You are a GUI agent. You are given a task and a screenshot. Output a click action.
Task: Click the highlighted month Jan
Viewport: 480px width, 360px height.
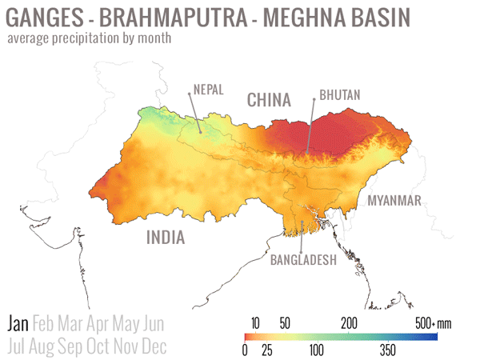[18, 324]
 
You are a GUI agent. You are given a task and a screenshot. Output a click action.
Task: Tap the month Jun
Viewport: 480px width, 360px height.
[153, 324]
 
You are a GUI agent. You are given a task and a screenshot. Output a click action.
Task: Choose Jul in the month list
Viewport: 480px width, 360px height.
[17, 346]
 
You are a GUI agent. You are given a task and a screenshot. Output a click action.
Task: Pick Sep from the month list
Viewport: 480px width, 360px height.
[78, 346]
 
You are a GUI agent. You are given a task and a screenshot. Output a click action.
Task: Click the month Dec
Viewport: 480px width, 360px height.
[154, 346]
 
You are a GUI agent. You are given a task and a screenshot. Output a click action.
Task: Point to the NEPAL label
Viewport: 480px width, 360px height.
[205, 89]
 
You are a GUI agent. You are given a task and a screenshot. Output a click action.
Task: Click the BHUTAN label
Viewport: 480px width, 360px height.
[340, 95]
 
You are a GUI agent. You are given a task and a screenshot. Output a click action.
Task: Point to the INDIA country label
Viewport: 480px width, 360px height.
[165, 238]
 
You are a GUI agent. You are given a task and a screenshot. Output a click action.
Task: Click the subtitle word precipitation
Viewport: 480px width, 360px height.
[94, 38]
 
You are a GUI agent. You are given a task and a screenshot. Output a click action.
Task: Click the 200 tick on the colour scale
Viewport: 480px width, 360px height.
[348, 323]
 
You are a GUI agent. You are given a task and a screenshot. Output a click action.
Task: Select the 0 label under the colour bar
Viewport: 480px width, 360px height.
[244, 350]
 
